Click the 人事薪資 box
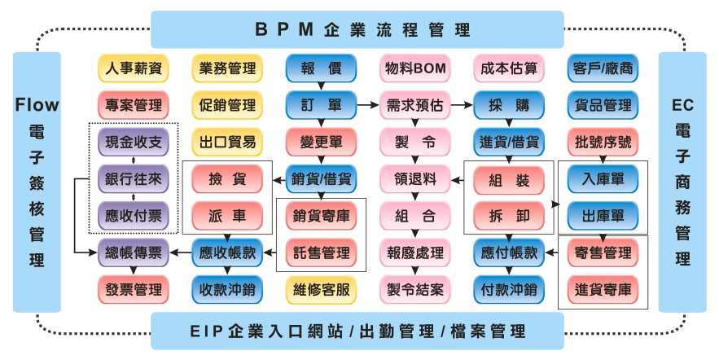coord(134,69)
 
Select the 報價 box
coord(321,69)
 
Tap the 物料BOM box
coord(415,69)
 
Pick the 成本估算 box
coord(509,69)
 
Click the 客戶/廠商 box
coord(603,69)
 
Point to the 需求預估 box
coord(415,105)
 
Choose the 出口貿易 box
coord(227,142)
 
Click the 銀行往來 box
coord(134,178)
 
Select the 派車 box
coord(227,216)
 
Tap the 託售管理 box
coord(321,252)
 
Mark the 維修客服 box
coord(321,288)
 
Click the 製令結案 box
coord(415,288)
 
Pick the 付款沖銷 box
coord(509,288)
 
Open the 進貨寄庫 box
coord(603,288)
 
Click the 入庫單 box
coord(603,178)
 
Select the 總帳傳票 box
coord(134,252)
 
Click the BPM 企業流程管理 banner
coord(357,30)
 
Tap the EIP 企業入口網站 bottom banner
coord(357,331)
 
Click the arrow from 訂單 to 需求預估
coord(368,105)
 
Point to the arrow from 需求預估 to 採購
coord(463,105)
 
